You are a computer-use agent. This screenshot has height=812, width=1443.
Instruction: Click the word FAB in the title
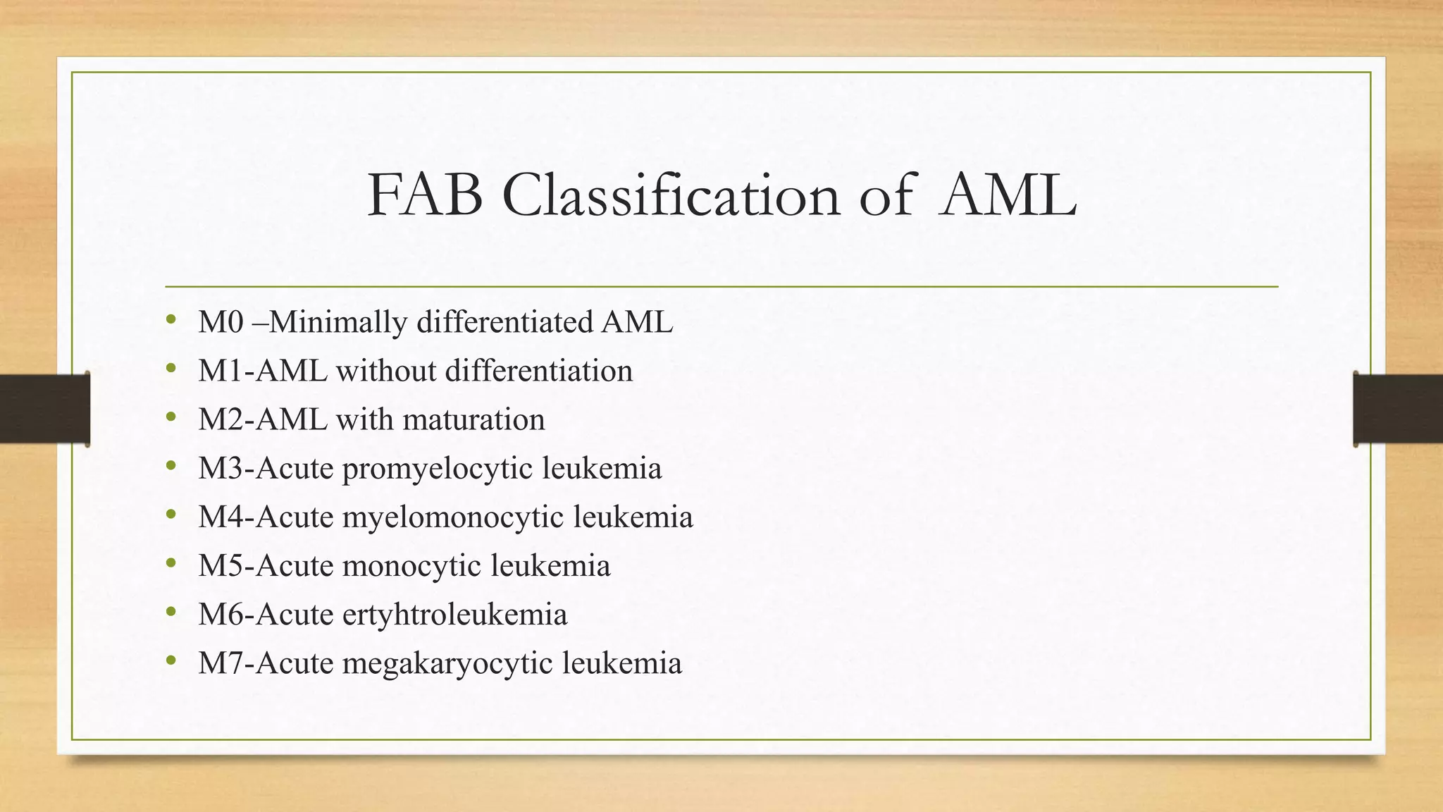[x=425, y=196]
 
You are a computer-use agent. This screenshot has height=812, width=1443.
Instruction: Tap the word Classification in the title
[x=671, y=196]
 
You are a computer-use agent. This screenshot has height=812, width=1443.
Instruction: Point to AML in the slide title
[x=1008, y=196]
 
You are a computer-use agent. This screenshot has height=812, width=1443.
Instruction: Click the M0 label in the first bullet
[x=221, y=323]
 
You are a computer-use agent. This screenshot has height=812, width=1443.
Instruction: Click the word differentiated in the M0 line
[x=504, y=323]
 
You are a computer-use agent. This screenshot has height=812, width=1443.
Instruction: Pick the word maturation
[x=474, y=420]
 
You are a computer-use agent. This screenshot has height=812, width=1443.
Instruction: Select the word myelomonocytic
[x=453, y=517]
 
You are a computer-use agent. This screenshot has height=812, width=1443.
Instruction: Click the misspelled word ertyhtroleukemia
[x=454, y=615]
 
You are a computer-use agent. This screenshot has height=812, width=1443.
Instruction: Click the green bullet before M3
[x=171, y=466]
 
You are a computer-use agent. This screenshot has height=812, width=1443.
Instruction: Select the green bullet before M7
[x=171, y=660]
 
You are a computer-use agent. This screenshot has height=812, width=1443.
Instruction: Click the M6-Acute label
[x=266, y=615]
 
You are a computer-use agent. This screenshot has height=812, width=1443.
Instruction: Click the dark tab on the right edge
[x=1398, y=409]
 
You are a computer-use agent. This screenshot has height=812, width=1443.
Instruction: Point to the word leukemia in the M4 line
[x=633, y=517]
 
